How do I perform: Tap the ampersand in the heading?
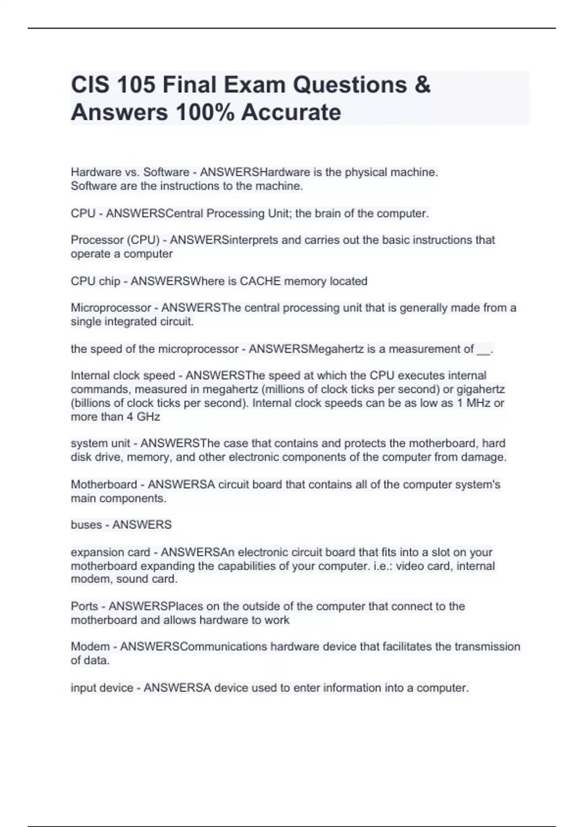[x=423, y=85]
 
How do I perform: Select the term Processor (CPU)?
[x=115, y=240]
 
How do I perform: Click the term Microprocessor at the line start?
[x=111, y=308]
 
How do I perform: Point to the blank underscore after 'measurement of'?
[x=484, y=350]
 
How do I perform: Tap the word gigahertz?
[x=480, y=390]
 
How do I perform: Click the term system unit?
[x=100, y=444]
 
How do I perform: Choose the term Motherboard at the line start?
[x=104, y=485]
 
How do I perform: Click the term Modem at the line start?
[x=90, y=647]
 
